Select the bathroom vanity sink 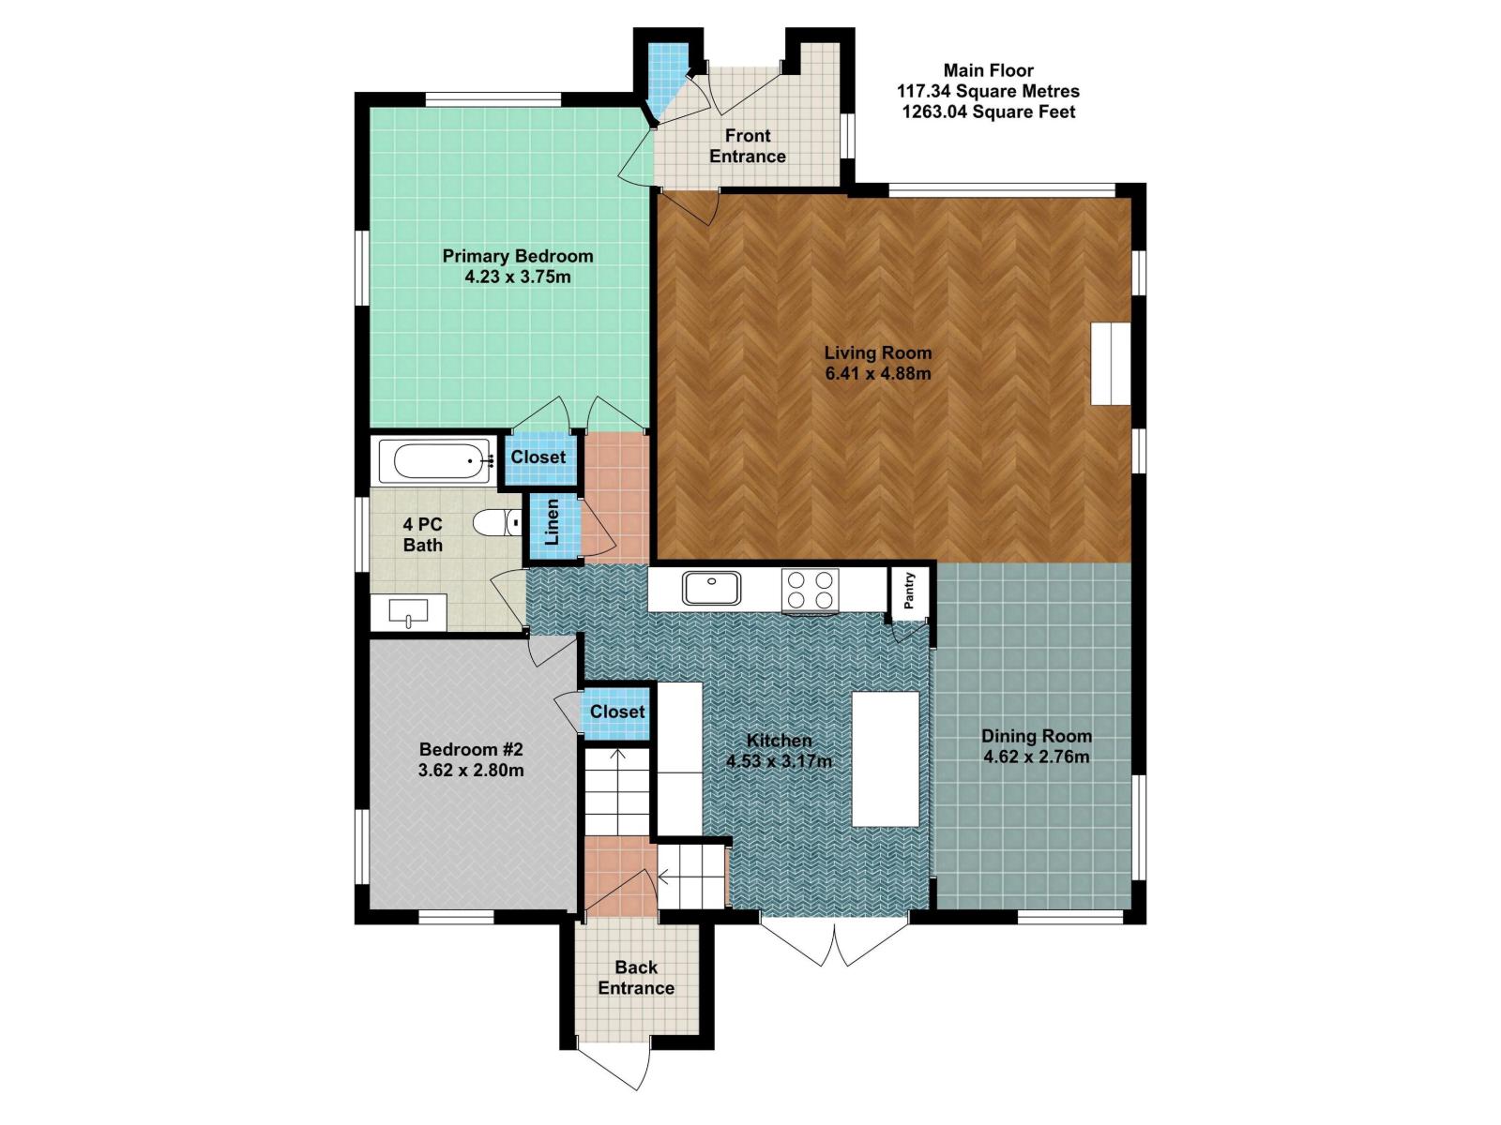(x=408, y=612)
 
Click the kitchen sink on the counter (x=711, y=588)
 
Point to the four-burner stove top (x=810, y=590)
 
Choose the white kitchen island (x=885, y=758)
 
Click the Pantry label (x=909, y=591)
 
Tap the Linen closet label (x=552, y=522)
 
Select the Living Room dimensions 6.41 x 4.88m (x=878, y=374)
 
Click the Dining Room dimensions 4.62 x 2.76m (x=1036, y=757)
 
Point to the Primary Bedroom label (x=518, y=256)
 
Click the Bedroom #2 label (x=471, y=749)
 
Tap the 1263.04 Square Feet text (x=989, y=112)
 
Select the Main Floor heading (x=989, y=69)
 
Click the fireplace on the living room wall (x=1110, y=364)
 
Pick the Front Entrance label (x=748, y=146)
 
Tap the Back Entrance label (x=636, y=978)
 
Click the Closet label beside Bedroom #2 (x=617, y=712)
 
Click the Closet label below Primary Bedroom (x=538, y=457)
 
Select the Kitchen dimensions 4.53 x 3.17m (x=779, y=761)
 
